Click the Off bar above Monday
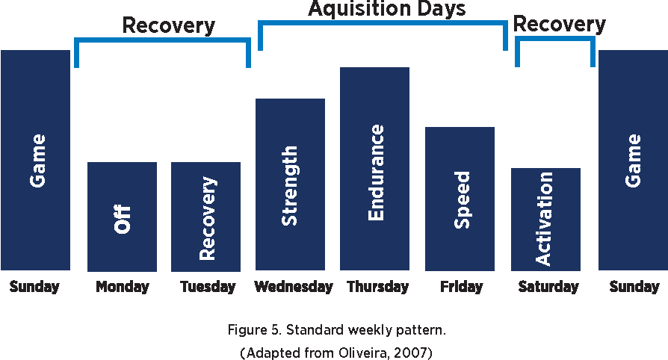122,217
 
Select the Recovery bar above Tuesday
205,217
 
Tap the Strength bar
290,184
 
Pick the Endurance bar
375,169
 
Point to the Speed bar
460,199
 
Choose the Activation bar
545,220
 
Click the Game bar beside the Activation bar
633,160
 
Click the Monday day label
123,287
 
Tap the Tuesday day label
208,287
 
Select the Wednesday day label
294,287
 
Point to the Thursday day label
378,287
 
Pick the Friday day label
461,287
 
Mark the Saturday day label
548,287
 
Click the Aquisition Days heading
387,8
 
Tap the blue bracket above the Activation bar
555,39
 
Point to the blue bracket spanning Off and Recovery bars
163,40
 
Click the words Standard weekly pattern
365,330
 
